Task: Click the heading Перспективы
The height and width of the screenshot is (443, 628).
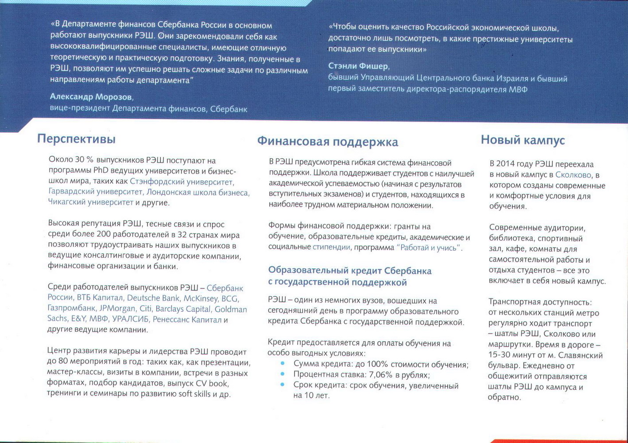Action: click(x=76, y=139)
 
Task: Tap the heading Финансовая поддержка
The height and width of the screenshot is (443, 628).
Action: click(x=327, y=142)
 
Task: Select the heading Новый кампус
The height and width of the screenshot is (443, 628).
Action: click(x=523, y=140)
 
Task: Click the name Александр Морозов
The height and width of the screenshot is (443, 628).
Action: click(x=91, y=97)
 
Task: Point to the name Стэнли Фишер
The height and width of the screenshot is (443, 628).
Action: click(x=358, y=66)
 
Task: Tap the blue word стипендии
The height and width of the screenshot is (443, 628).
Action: click(x=331, y=247)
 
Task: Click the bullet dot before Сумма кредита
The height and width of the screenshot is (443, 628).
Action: click(x=283, y=364)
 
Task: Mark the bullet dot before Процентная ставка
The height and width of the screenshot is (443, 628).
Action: click(x=283, y=374)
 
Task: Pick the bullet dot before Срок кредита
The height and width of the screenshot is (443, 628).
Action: click(x=283, y=385)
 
